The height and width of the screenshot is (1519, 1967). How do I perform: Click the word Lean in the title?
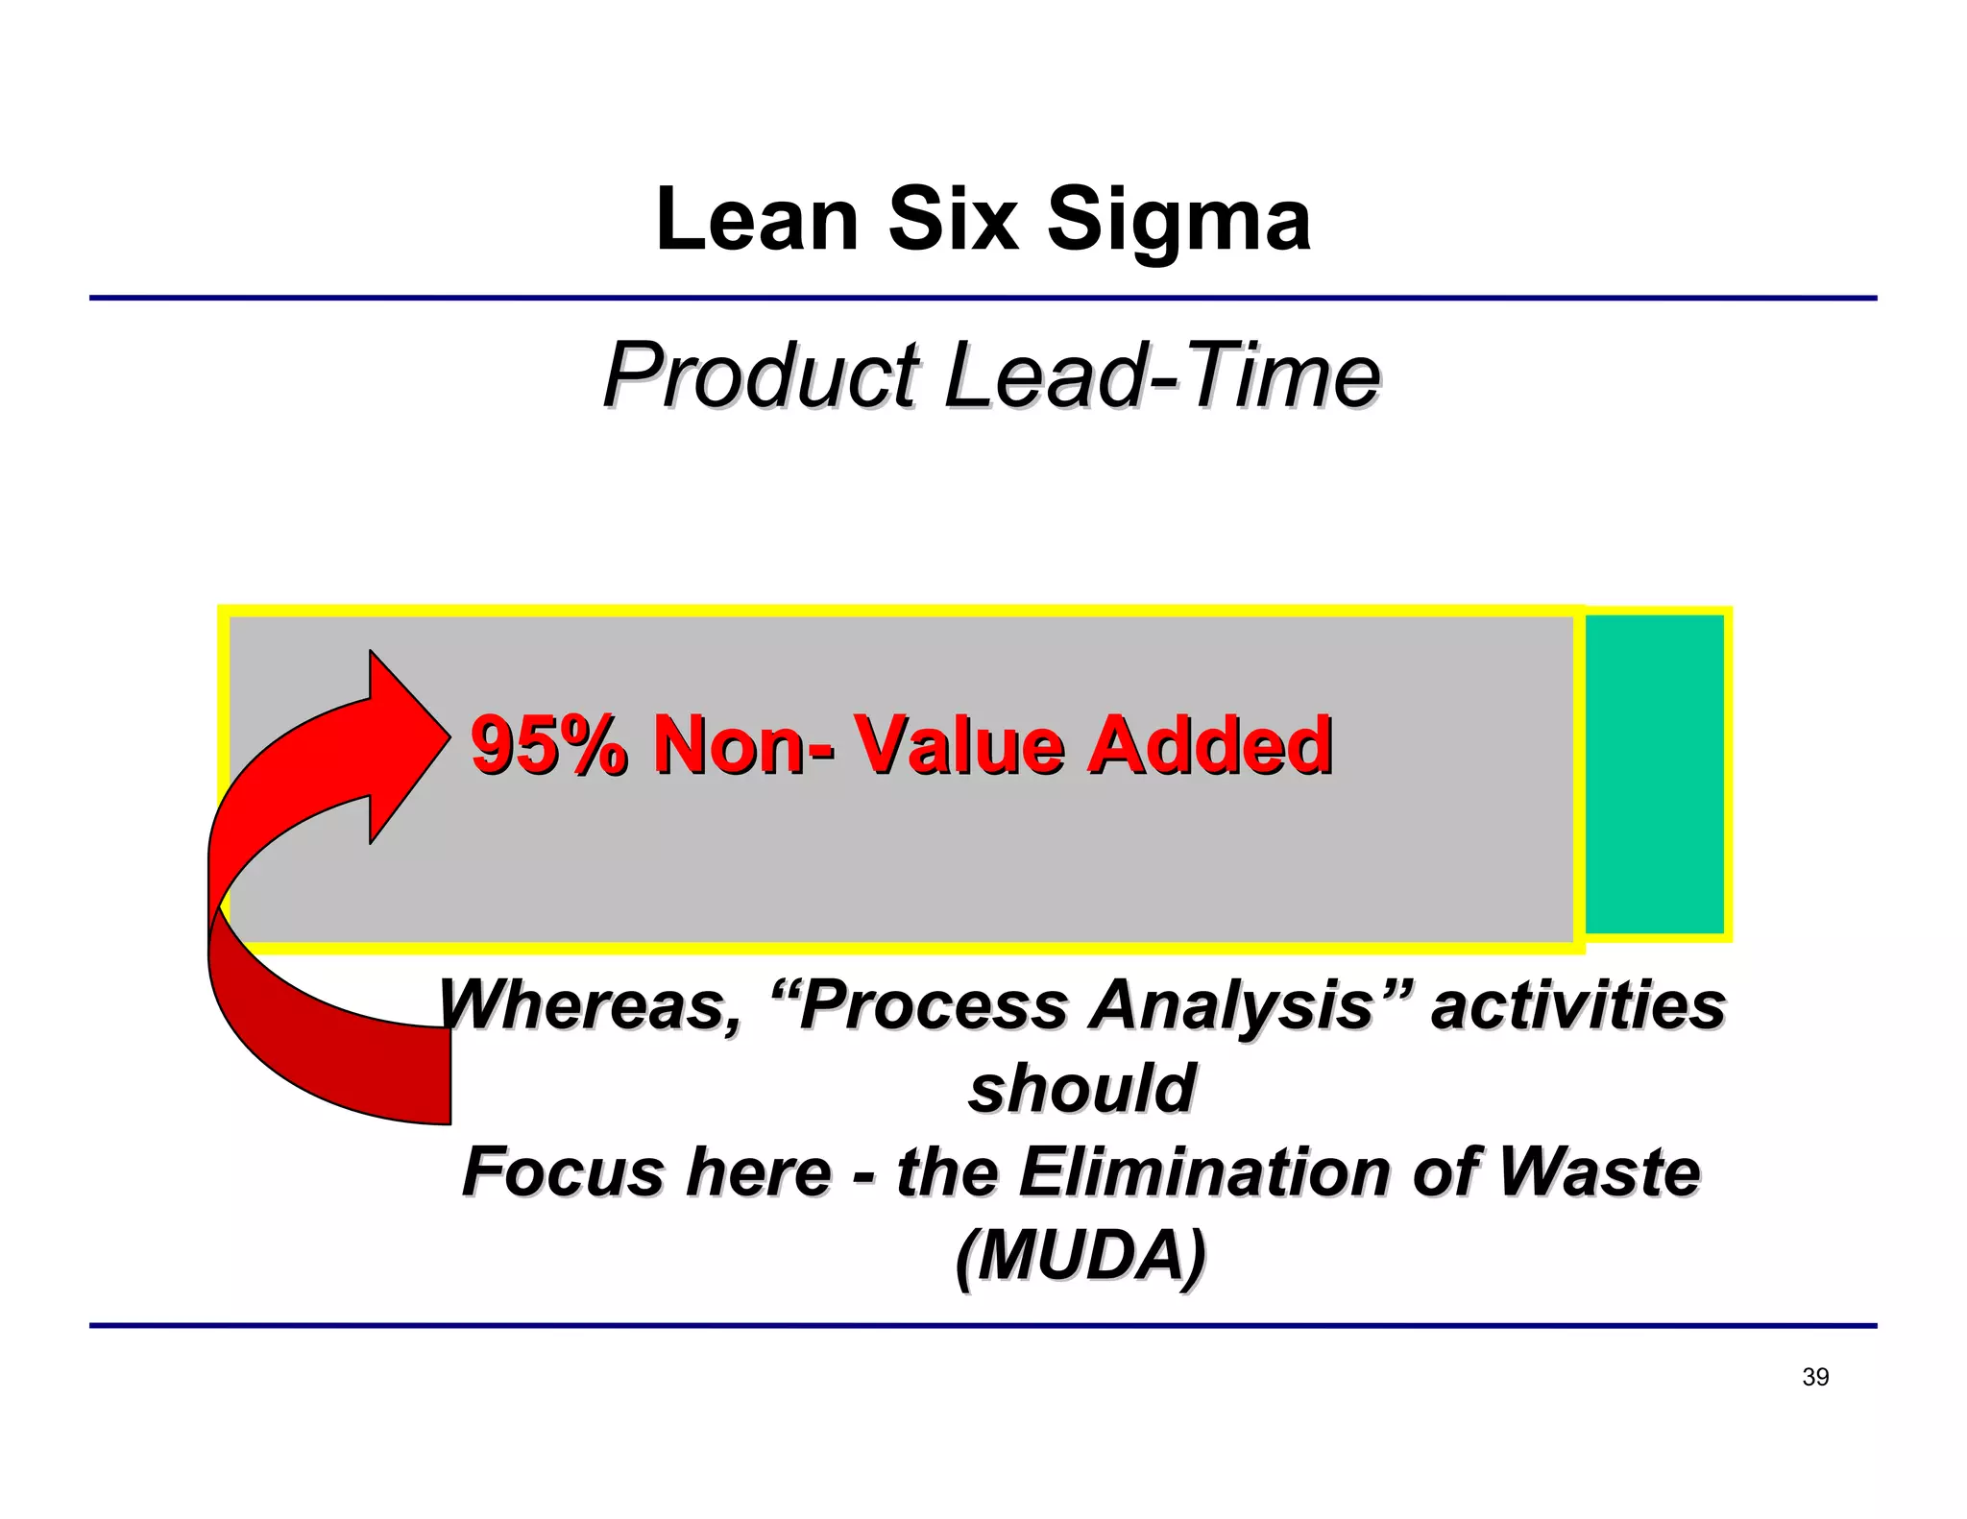coord(757,220)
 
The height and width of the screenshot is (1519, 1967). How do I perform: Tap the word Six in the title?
coord(952,220)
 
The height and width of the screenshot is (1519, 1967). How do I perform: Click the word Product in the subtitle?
coord(761,375)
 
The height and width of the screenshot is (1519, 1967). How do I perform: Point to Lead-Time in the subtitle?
coord(1162,375)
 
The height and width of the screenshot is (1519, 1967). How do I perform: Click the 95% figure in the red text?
coord(548,745)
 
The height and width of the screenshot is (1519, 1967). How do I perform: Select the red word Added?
coord(1209,745)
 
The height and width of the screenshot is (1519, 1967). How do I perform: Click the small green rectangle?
coord(1654,774)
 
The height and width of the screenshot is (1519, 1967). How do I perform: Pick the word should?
coord(1081,1089)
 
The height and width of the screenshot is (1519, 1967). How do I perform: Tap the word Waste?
coord(1598,1172)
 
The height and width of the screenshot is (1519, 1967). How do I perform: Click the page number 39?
coord(1815,1377)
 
